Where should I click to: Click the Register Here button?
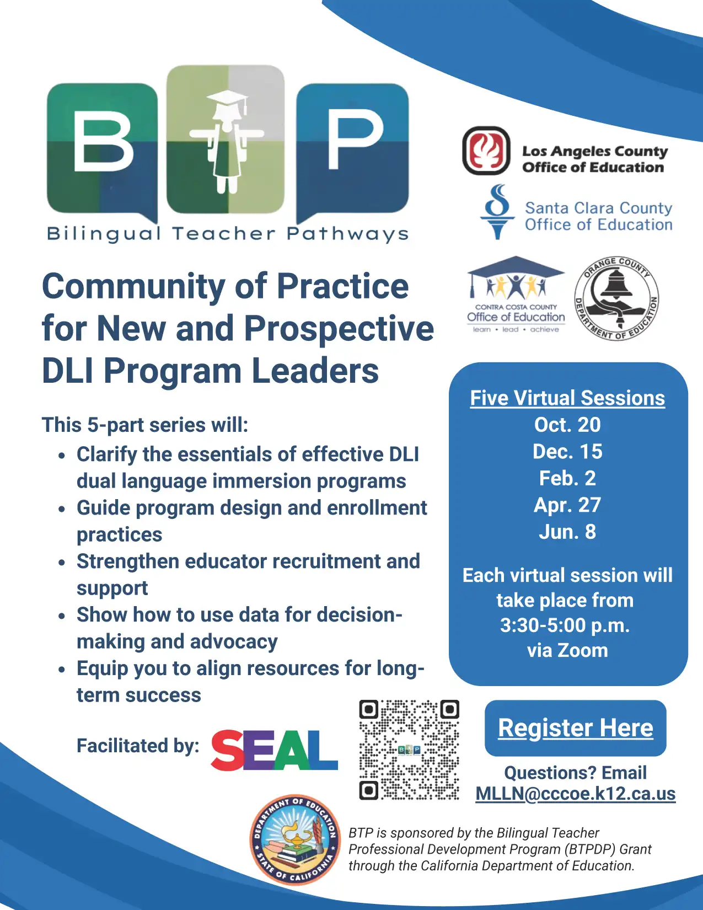click(x=575, y=728)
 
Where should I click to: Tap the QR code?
click(x=409, y=750)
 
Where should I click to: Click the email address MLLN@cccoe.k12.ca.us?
click(x=575, y=794)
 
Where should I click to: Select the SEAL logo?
click(x=274, y=750)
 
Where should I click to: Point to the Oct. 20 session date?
click(x=567, y=425)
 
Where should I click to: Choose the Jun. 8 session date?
click(x=567, y=532)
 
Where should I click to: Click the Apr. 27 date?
click(x=567, y=505)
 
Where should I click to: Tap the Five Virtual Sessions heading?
click(x=567, y=398)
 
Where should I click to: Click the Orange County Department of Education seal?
click(x=616, y=298)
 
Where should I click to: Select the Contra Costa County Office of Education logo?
click(x=516, y=295)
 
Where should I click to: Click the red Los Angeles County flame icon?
click(x=486, y=151)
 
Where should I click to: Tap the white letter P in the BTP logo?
click(x=355, y=140)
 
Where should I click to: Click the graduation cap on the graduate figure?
click(x=227, y=100)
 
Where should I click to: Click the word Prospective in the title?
click(x=339, y=329)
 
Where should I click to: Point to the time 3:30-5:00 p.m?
click(x=565, y=625)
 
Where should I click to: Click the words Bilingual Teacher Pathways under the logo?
click(x=228, y=234)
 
